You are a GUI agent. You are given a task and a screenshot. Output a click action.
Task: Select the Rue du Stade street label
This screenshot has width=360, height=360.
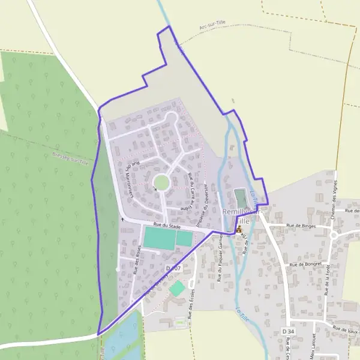coord(167,225)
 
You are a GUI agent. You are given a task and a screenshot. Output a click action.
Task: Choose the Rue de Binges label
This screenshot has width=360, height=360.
coord(301,226)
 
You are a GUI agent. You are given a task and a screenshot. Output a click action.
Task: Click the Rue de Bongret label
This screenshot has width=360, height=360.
coord(305,263)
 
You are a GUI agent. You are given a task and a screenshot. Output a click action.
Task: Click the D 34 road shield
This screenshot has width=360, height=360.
coord(289,331)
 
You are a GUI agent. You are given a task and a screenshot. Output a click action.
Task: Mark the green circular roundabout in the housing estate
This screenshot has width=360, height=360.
coord(161,182)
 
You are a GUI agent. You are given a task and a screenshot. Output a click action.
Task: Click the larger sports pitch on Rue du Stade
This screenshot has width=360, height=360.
coord(159,238)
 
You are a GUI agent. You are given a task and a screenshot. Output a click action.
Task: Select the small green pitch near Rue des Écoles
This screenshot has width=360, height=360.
coord(176,289)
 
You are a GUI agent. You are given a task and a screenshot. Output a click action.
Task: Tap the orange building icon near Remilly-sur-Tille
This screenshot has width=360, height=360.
coord(239,229)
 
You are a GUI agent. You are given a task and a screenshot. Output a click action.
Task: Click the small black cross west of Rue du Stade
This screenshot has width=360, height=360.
coord(122,219)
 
